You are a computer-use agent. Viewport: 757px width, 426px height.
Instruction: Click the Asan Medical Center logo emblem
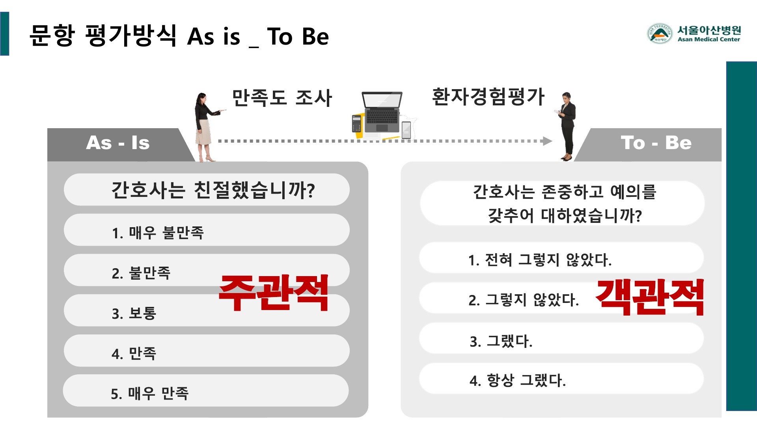tap(659, 33)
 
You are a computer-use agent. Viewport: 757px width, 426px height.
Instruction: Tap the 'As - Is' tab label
tap(117, 143)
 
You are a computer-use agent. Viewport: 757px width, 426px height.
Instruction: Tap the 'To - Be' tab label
tap(656, 143)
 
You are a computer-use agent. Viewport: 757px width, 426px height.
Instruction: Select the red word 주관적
tap(273, 293)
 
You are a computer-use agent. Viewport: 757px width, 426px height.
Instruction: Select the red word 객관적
tap(649, 297)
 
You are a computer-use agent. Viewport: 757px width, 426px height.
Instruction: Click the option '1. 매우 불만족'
tap(158, 233)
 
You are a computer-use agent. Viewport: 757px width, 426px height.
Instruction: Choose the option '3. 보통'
tap(134, 313)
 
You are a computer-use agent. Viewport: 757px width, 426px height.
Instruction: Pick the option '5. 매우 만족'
tap(150, 393)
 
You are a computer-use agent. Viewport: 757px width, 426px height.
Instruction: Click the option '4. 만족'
tap(134, 353)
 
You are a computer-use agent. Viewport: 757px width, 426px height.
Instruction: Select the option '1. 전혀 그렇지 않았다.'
tap(540, 260)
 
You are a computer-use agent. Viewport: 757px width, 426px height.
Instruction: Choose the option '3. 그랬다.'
tap(501, 341)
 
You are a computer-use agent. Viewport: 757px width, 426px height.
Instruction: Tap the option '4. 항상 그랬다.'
tap(517, 380)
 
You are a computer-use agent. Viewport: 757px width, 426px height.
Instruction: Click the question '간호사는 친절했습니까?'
tap(213, 190)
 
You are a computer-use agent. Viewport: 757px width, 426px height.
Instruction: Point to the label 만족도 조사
tap(282, 98)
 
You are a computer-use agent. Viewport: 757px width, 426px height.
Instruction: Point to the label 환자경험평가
tap(488, 97)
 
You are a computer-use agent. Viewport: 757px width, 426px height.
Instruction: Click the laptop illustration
tap(382, 112)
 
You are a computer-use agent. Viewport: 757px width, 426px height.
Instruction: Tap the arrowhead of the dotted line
tap(547, 141)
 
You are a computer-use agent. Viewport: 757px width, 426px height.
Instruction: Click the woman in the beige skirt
tap(205, 126)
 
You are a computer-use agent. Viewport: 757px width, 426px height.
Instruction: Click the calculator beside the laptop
tap(357, 123)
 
